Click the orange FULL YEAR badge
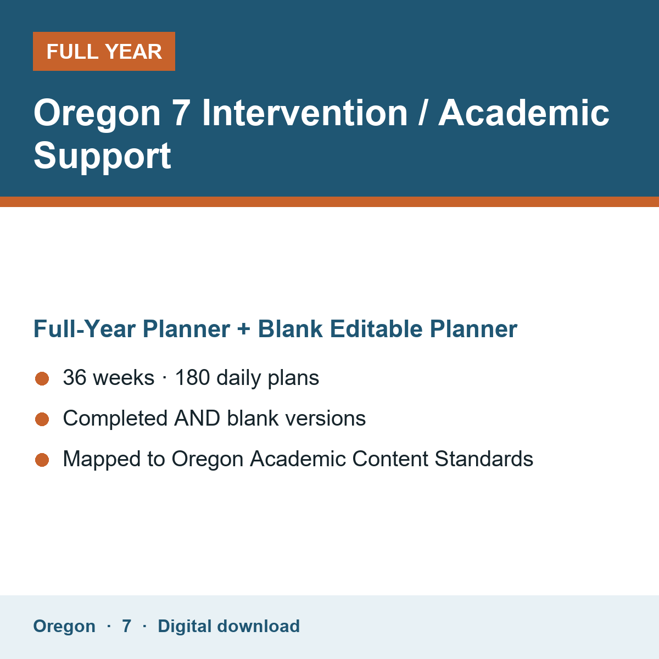coord(104,51)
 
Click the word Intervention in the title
coord(305,113)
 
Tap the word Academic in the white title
coord(523,113)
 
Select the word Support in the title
coord(102,156)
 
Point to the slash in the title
coord(423,113)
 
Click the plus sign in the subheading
coord(243,329)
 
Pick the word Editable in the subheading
coord(376,329)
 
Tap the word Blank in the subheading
coord(290,329)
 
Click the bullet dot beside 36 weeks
coord(42,378)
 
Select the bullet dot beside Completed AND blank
coord(42,419)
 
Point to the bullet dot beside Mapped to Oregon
coord(42,460)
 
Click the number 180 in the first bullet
coord(193,377)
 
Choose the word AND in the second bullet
coord(197,418)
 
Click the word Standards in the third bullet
coord(484,459)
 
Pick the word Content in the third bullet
coord(390,459)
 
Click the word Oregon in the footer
coord(64,627)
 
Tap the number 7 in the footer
coord(126,626)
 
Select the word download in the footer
coord(259,626)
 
